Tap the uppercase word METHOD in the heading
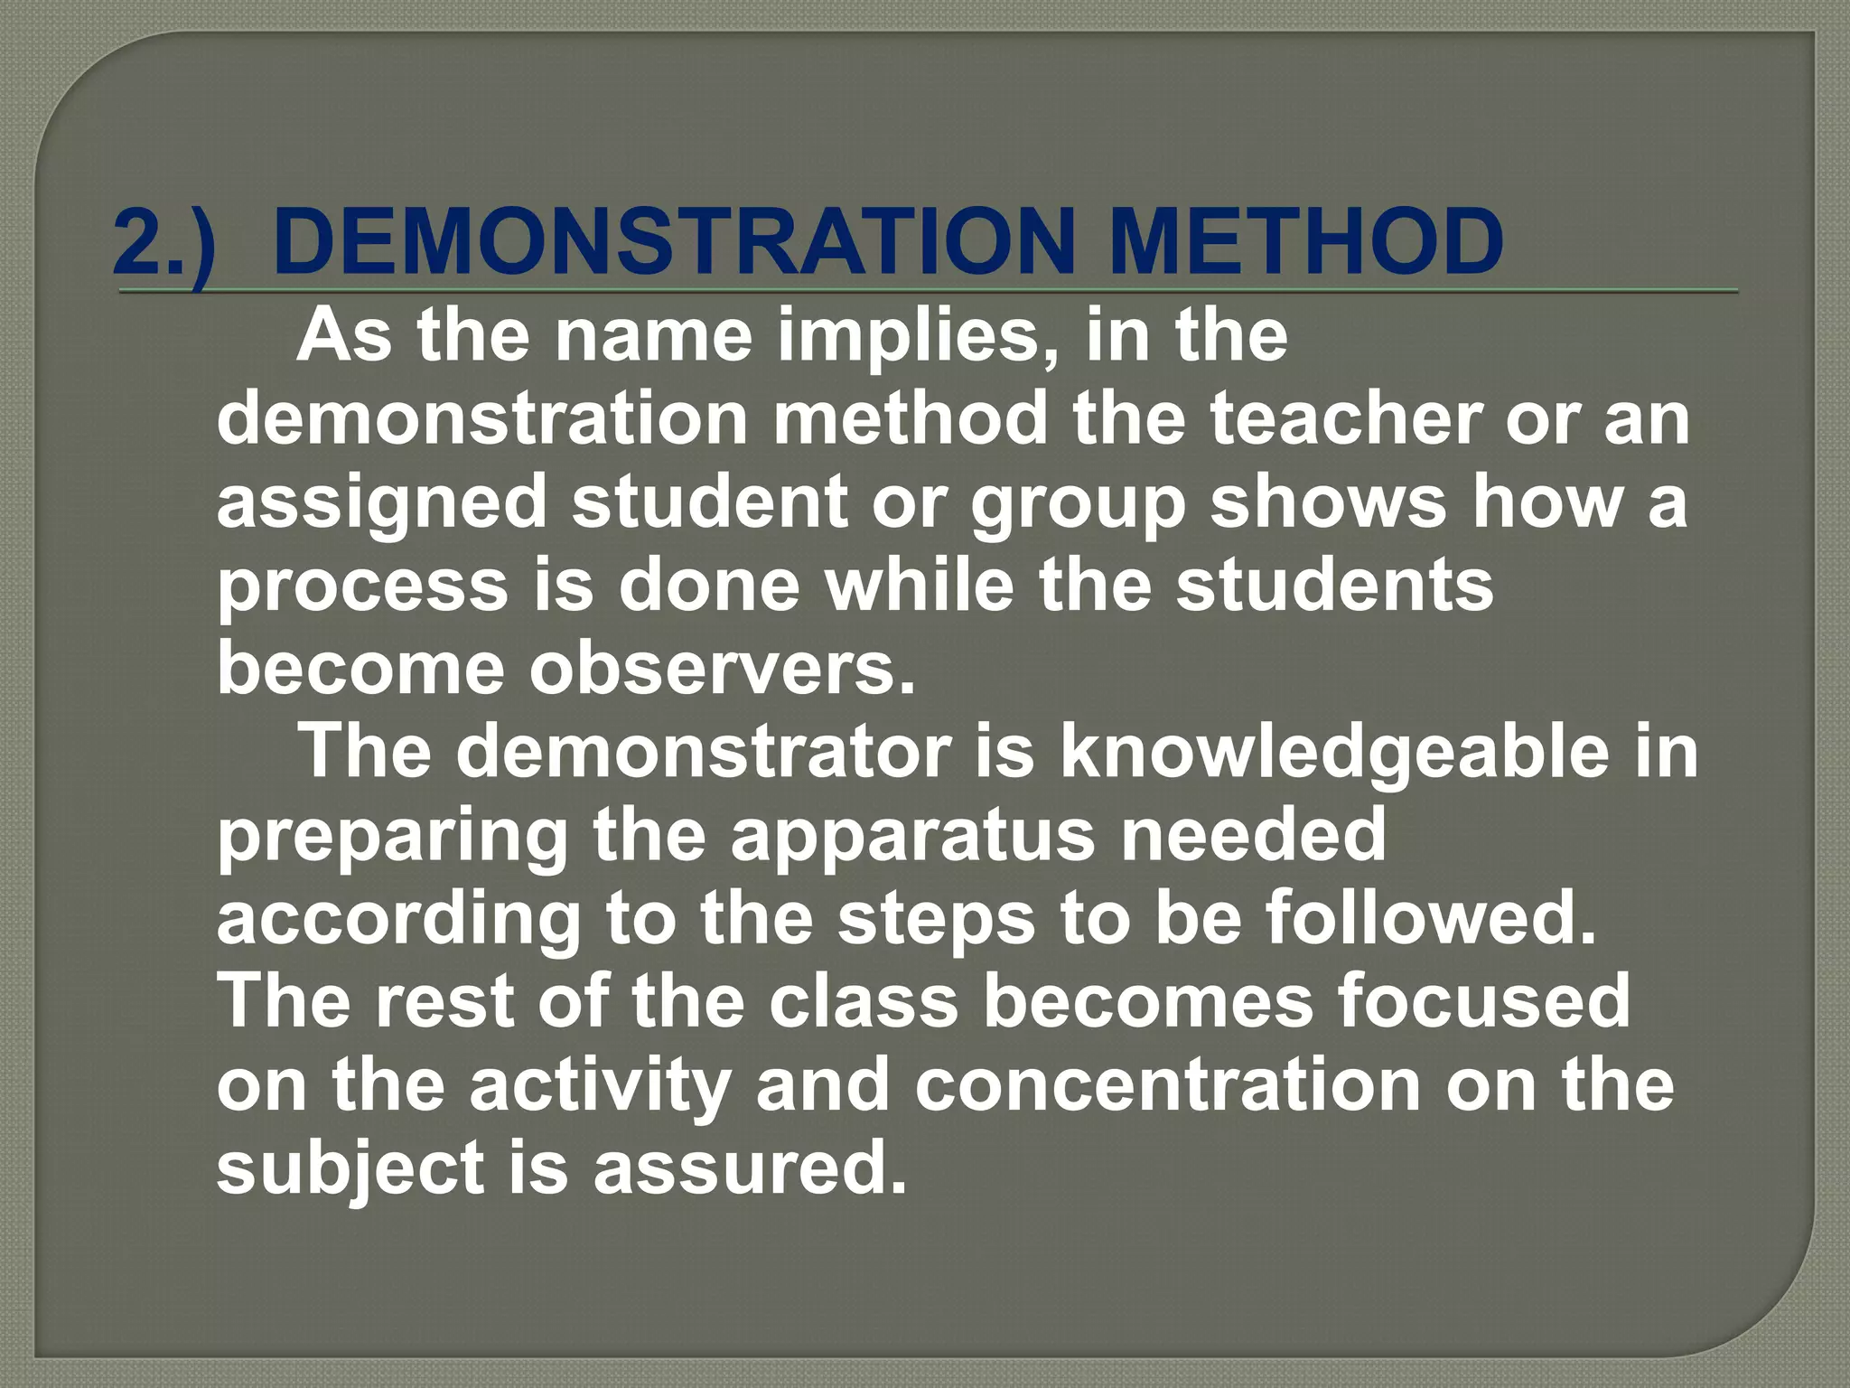[x=1306, y=242]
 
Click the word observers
[x=723, y=669]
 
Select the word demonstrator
[x=704, y=752]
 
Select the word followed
[x=1431, y=918]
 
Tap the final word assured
[x=750, y=1168]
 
